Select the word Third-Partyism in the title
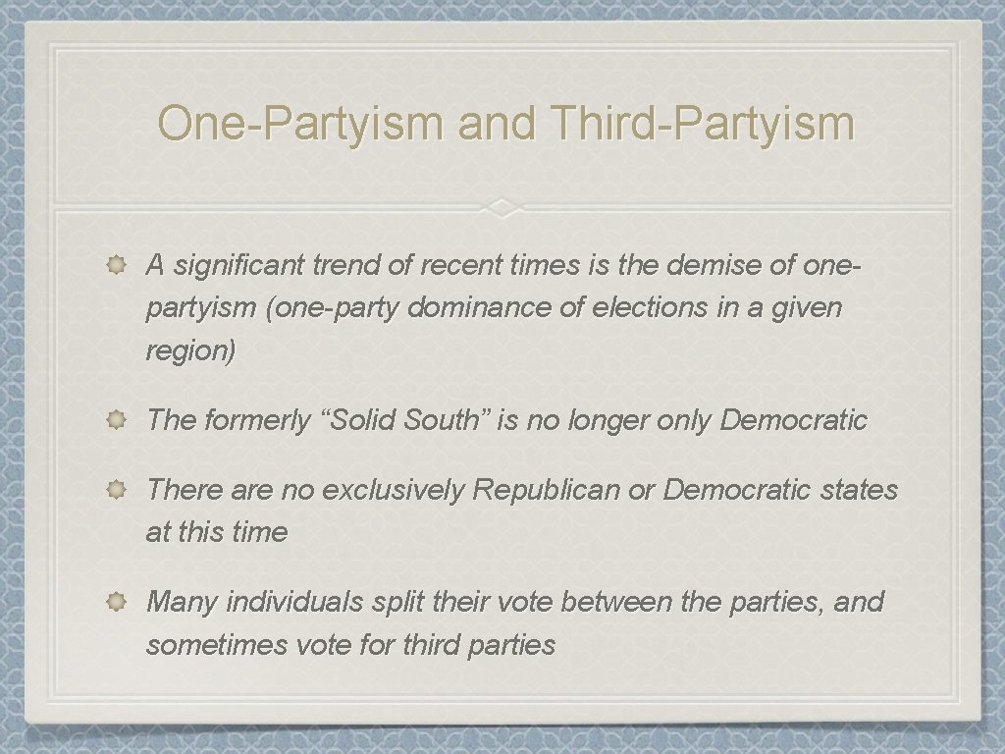point(703,124)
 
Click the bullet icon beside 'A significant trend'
point(115,264)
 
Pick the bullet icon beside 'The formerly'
point(115,420)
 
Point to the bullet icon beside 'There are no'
point(115,488)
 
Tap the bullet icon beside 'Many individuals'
point(115,601)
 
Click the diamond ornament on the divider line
point(502,208)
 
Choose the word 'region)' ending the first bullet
point(190,351)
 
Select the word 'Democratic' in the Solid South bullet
point(794,420)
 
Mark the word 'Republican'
point(547,489)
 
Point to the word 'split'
point(397,601)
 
